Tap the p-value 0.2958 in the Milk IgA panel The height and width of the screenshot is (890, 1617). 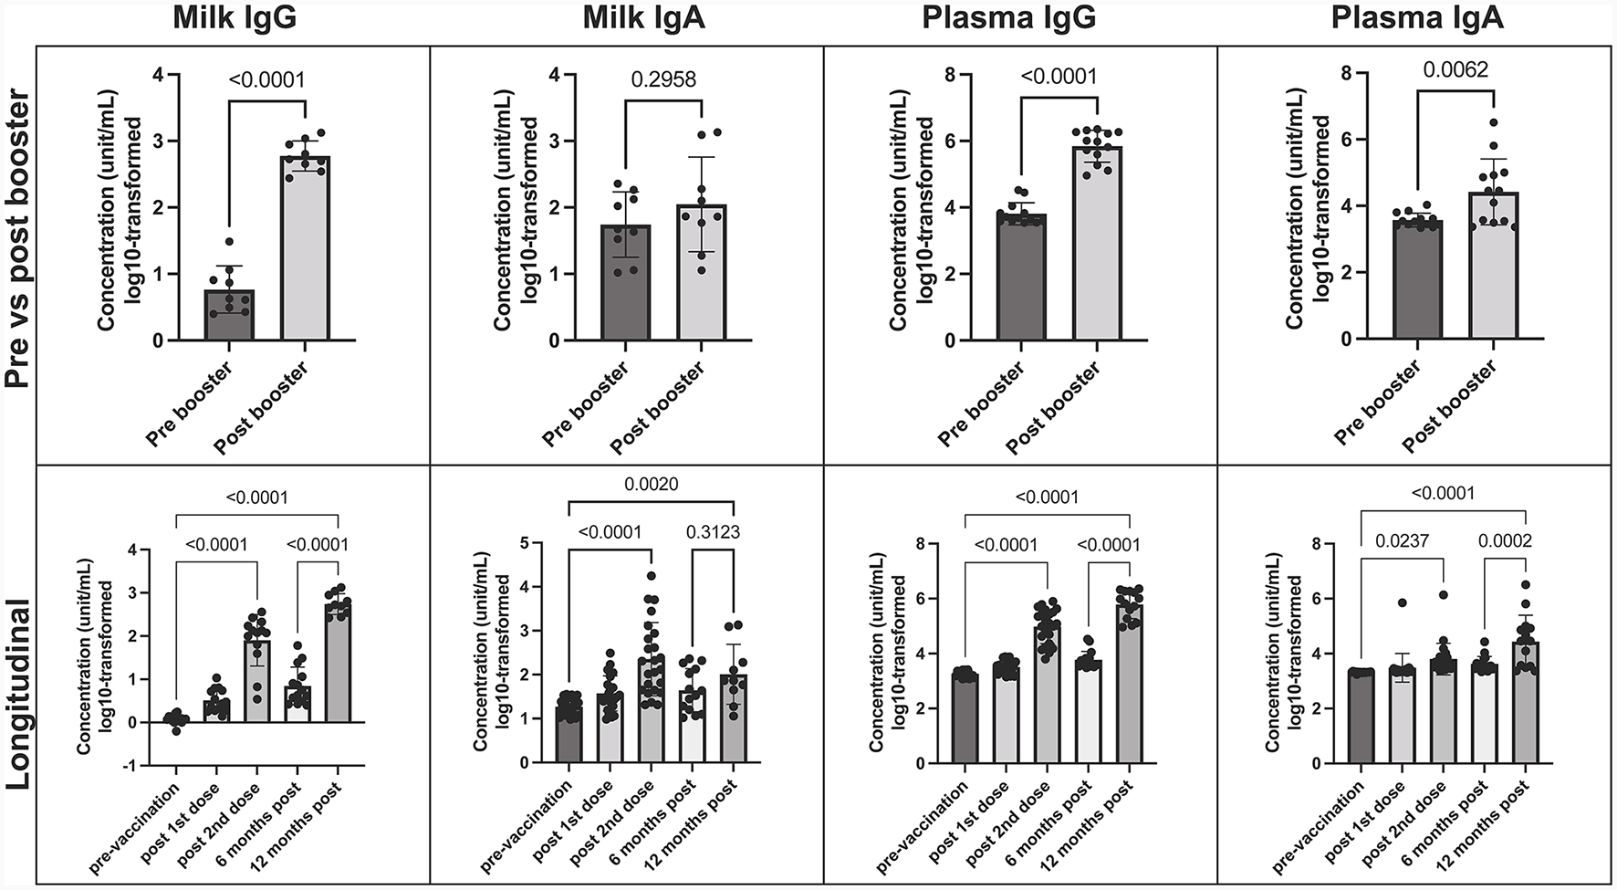(663, 79)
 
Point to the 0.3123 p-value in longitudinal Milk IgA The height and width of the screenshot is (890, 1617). (713, 532)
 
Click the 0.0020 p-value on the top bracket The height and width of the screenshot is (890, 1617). (652, 484)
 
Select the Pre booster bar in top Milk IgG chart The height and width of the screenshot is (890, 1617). (229, 315)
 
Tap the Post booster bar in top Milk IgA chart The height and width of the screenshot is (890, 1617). (701, 274)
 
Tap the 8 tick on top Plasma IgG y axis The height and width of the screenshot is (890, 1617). (950, 75)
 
